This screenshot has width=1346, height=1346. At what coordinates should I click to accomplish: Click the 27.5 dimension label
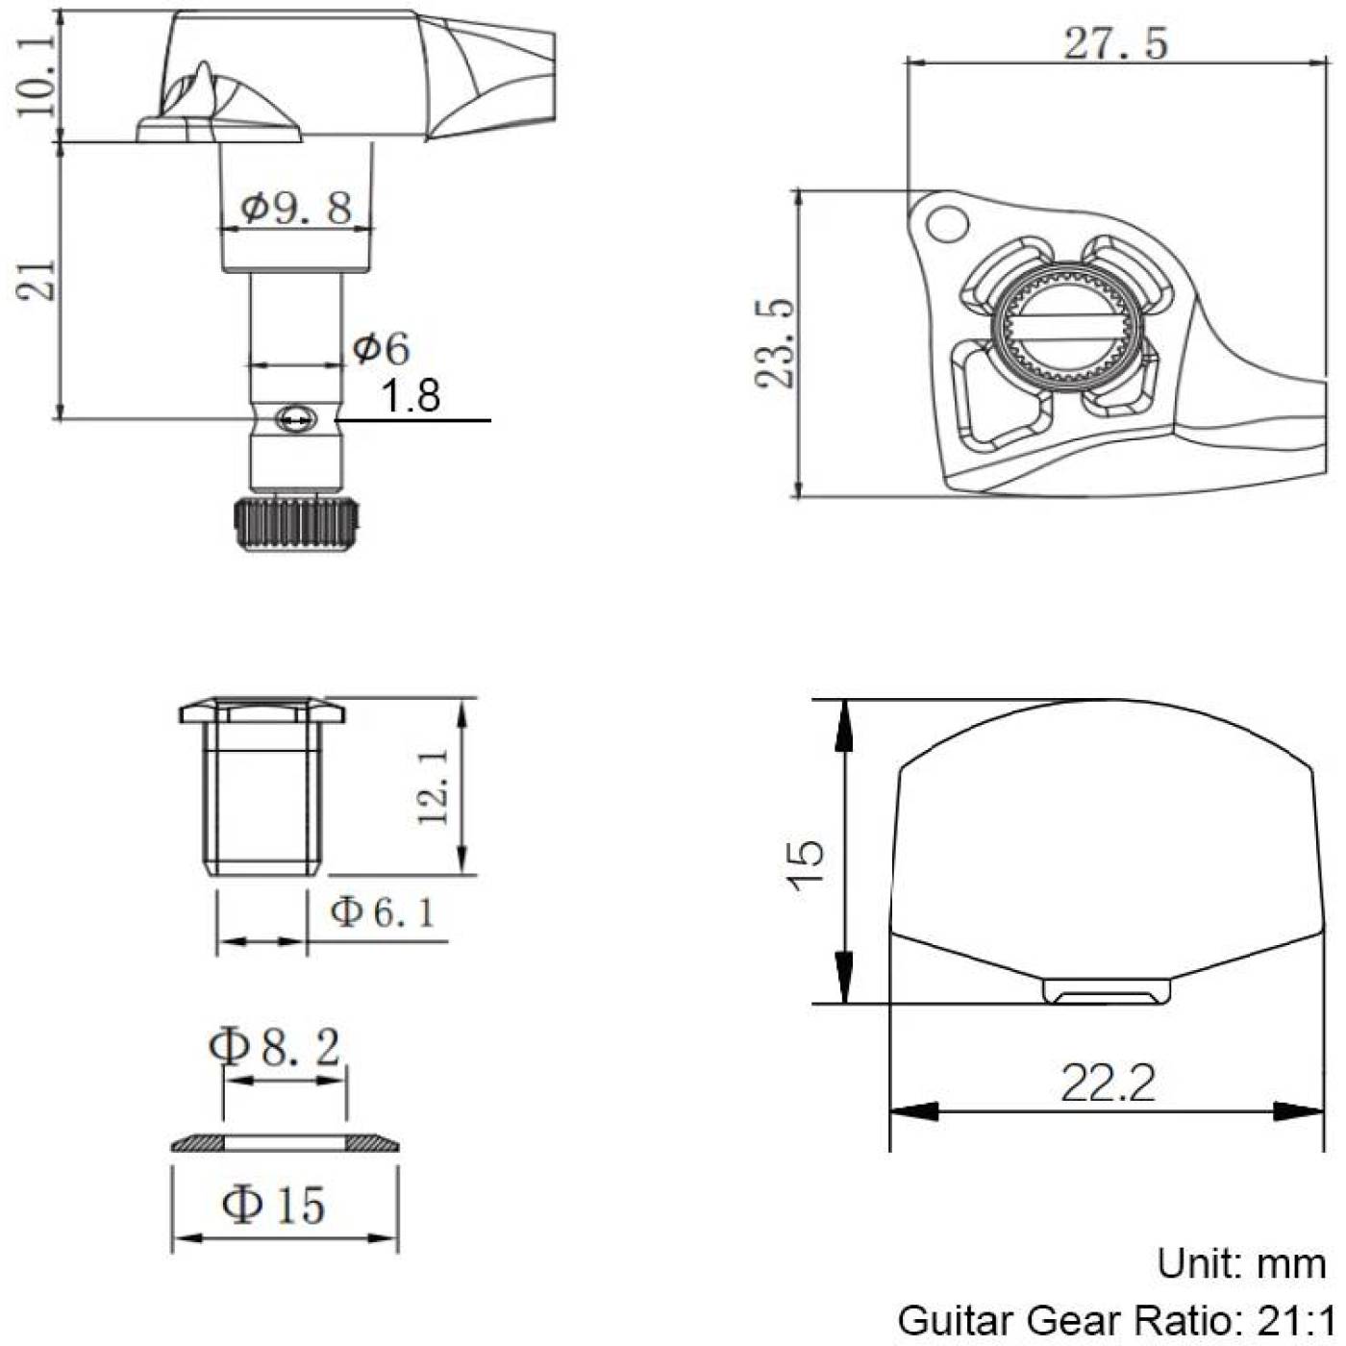tap(1115, 44)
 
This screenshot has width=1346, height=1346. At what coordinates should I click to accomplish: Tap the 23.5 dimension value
tap(774, 342)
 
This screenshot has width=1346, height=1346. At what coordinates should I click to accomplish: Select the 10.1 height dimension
tap(36, 76)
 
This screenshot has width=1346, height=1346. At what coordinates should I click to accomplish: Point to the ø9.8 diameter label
tap(296, 208)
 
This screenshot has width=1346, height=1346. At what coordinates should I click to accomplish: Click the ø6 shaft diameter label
tap(381, 349)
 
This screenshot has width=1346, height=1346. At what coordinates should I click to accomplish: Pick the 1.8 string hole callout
tap(410, 396)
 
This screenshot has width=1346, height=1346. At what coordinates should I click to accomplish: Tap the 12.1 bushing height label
tap(433, 785)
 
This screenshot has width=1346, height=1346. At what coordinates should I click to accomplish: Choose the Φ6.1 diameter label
tap(382, 912)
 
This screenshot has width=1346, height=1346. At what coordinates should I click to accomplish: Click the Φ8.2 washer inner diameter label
tap(275, 1046)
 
